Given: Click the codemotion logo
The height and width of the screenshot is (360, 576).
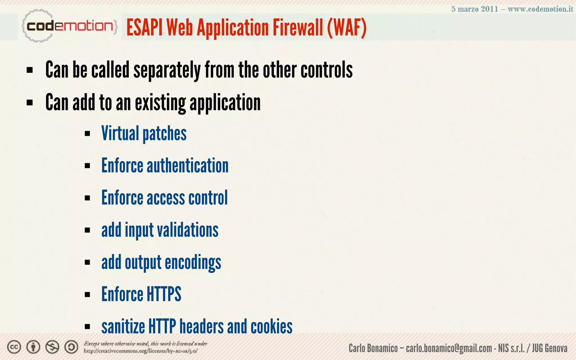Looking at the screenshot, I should (x=69, y=26).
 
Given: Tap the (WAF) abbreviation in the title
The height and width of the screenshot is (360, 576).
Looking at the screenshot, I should (x=346, y=28).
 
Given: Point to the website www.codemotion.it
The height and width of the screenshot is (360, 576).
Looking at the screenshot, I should (x=540, y=9).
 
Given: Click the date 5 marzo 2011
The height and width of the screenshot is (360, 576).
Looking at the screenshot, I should (x=474, y=9).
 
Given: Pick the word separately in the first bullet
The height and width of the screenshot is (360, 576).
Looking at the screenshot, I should (x=167, y=70).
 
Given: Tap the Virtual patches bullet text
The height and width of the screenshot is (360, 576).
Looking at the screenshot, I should (x=144, y=134).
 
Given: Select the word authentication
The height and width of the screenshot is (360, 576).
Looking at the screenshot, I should (x=188, y=166).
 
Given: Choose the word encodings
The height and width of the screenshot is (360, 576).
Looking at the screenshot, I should (x=193, y=262).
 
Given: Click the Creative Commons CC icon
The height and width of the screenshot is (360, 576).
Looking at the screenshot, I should (x=14, y=347).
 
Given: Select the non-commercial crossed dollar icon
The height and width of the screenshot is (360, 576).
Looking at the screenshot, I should (x=52, y=347).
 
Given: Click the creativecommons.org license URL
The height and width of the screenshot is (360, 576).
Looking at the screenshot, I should (x=141, y=351).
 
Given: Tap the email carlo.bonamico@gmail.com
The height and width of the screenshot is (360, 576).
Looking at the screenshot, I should (x=449, y=348).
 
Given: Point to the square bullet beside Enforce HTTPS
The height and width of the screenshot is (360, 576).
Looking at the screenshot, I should (x=87, y=295).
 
